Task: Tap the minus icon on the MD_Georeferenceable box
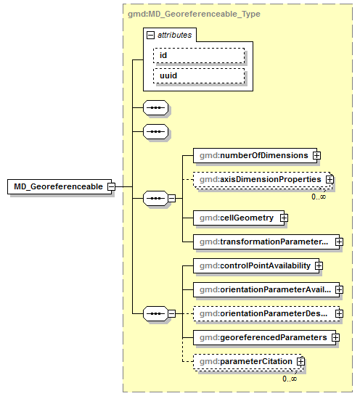pos(111,186)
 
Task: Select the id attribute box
pos(198,56)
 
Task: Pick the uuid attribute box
pos(198,76)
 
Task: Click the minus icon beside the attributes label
pos(150,35)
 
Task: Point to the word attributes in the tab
pos(175,35)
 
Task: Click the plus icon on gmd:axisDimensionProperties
pos(329,178)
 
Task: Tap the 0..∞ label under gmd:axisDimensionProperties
pos(319,197)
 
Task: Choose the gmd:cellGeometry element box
pos(236,217)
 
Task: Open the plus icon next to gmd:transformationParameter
pos(338,241)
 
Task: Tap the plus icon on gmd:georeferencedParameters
pos(335,337)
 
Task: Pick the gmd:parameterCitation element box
pos(245,360)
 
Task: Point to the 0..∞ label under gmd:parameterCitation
pos(290,379)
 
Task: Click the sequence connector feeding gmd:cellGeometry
pos(155,197)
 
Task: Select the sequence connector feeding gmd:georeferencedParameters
pos(155,313)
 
